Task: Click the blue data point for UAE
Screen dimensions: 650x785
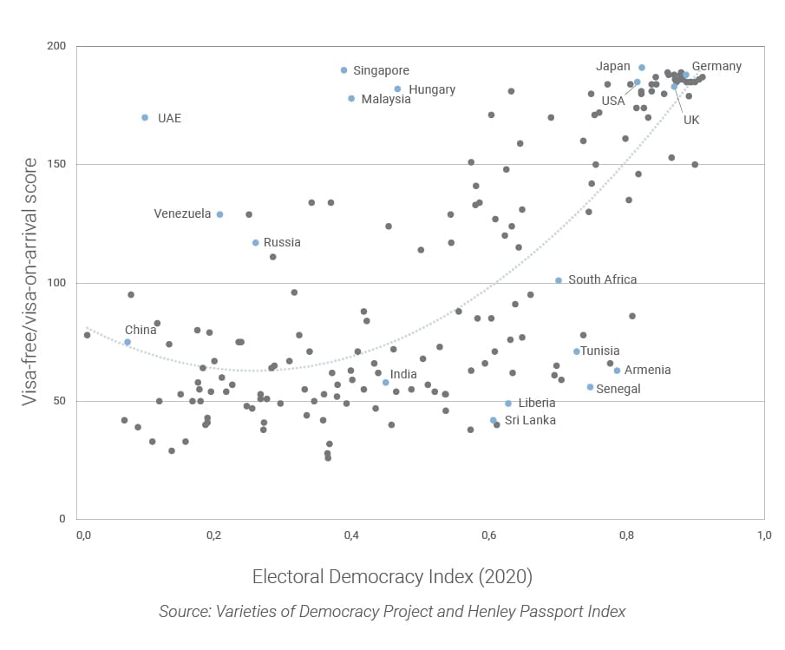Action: tap(145, 117)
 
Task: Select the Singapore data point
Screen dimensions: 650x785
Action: tap(344, 70)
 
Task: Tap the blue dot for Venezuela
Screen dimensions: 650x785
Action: tap(219, 214)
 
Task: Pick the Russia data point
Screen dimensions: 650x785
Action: tap(256, 243)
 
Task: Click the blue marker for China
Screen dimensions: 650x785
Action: tap(128, 342)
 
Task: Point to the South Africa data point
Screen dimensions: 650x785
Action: tap(559, 280)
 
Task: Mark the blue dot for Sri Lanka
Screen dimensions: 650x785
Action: tap(494, 420)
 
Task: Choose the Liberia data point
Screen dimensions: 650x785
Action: tap(508, 404)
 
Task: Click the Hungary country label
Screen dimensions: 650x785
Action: tap(431, 89)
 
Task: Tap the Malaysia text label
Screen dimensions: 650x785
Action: tap(386, 99)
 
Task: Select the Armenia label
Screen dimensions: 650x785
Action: tap(647, 370)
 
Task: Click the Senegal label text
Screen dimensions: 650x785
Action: tap(618, 389)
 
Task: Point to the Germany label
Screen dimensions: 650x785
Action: tap(716, 66)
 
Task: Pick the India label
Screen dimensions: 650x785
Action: tap(403, 375)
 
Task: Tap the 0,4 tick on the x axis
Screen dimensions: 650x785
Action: tap(351, 534)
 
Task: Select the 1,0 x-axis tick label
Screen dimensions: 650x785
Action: tap(763, 534)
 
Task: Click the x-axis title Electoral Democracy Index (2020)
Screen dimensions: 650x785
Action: tap(392, 577)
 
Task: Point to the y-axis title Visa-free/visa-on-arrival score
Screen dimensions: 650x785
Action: tap(29, 282)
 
